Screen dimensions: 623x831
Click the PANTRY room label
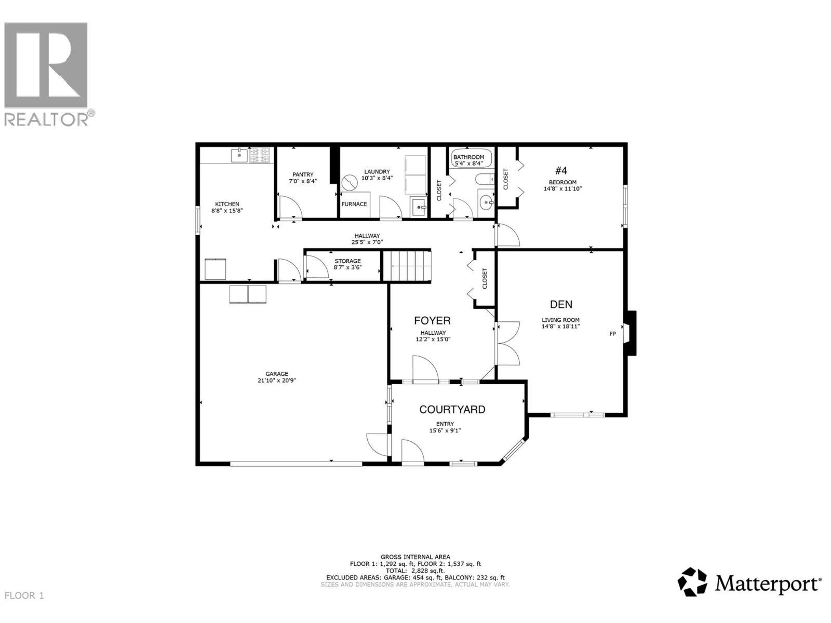303,174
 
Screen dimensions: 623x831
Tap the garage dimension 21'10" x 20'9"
277,380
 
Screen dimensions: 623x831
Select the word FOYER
432,320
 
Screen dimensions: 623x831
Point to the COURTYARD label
452,409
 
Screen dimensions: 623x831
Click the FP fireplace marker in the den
612,334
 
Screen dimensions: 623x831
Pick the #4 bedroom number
561,170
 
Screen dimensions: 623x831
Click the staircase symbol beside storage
407,265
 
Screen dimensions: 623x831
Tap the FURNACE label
354,204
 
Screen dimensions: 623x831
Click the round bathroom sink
487,200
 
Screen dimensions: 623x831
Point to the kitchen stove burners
260,155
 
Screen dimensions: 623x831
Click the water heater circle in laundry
350,183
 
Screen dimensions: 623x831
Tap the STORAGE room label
347,261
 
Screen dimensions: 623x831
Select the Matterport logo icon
693,582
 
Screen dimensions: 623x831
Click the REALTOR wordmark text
47,119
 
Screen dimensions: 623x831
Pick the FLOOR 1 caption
24,595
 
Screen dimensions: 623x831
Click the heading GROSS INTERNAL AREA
415,557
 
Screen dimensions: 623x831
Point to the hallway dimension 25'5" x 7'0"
367,242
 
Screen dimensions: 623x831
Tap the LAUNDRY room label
377,172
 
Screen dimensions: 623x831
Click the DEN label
561,304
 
